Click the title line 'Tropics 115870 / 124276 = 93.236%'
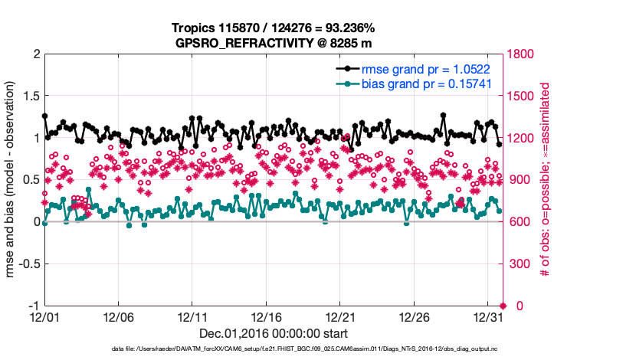(x=273, y=28)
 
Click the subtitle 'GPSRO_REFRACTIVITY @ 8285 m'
(x=274, y=42)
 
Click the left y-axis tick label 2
(x=36, y=55)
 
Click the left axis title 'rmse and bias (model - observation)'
(x=13, y=180)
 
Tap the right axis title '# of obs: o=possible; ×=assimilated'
(x=546, y=180)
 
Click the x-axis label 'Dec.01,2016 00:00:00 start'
(x=274, y=333)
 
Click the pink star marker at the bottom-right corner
(x=503, y=306)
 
